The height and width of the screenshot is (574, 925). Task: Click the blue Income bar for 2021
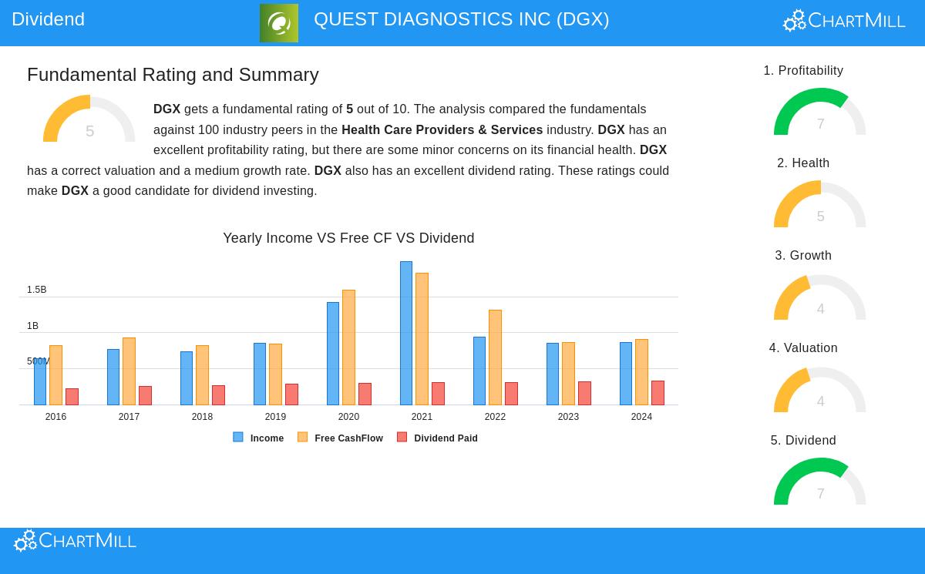(x=405, y=333)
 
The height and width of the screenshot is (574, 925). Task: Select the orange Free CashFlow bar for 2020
(x=348, y=347)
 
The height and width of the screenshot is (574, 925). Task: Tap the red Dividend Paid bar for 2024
(x=658, y=393)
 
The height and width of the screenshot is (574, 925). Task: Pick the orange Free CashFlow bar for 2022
(x=495, y=357)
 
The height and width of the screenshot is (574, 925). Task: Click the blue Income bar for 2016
(x=40, y=382)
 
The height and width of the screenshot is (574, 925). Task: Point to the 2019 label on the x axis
(x=275, y=417)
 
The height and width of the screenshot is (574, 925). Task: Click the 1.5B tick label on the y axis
(x=37, y=290)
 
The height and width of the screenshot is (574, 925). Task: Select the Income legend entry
(x=259, y=438)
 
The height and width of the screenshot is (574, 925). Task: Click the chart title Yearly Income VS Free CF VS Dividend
(x=348, y=238)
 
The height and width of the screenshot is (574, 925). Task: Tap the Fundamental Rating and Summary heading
(x=173, y=75)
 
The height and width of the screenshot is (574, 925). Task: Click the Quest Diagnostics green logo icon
(x=278, y=23)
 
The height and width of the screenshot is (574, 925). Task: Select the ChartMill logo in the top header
(x=844, y=21)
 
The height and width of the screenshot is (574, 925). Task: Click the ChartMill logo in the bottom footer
(x=76, y=541)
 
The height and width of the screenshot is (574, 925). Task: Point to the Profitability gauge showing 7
(x=819, y=113)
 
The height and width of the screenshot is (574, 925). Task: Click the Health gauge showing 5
(x=819, y=206)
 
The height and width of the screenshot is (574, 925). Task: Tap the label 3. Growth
(x=803, y=256)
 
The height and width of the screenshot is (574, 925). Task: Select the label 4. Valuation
(x=803, y=348)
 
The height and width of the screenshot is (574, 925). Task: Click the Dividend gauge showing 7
(x=819, y=483)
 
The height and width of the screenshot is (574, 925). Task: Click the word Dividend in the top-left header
(x=48, y=19)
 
